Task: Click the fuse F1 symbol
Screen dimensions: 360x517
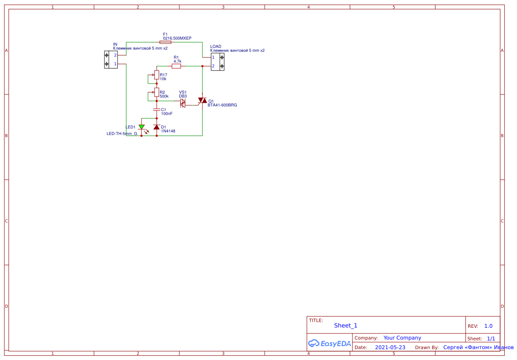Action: pyautogui.click(x=165, y=42)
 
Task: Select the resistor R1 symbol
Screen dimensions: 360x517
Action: pyautogui.click(x=176, y=66)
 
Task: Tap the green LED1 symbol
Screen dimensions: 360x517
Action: pyautogui.click(x=141, y=127)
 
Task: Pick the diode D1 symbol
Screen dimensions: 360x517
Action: pyautogui.click(x=157, y=127)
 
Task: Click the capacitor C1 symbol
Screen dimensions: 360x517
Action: pyautogui.click(x=157, y=110)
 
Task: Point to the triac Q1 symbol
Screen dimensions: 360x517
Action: pyautogui.click(x=202, y=101)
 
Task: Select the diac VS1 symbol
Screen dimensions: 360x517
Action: pyautogui.click(x=183, y=103)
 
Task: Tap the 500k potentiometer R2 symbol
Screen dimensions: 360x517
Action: pyautogui.click(x=157, y=92)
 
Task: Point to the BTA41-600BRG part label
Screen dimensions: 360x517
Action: pyautogui.click(x=222, y=105)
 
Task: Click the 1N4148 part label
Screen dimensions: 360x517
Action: pyautogui.click(x=168, y=131)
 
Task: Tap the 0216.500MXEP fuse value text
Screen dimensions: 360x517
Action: pyautogui.click(x=177, y=38)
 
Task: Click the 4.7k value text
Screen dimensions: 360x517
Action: pyautogui.click(x=177, y=62)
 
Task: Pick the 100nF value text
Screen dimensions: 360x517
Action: pyautogui.click(x=167, y=114)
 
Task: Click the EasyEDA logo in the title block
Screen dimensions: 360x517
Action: pyautogui.click(x=329, y=343)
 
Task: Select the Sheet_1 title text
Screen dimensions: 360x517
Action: pyautogui.click(x=346, y=326)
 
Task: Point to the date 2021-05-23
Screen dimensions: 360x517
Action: pyautogui.click(x=390, y=347)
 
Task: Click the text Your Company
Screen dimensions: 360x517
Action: pyautogui.click(x=402, y=338)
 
